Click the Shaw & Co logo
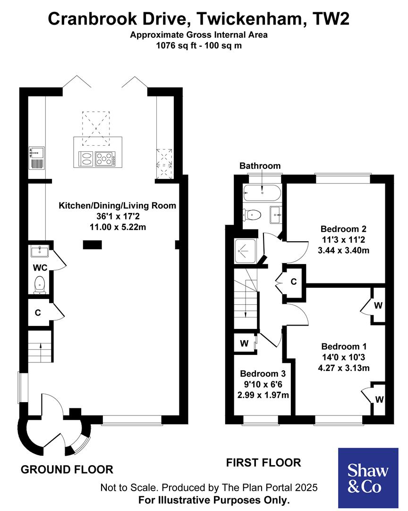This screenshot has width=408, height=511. [x=368, y=478]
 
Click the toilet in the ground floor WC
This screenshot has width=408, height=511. [x=40, y=284]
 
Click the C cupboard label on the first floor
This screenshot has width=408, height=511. [x=293, y=282]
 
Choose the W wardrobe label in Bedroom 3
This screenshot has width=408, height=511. [x=244, y=344]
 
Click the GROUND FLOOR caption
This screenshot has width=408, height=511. [x=67, y=469]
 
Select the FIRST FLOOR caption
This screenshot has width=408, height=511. [x=263, y=462]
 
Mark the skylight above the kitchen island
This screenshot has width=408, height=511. [x=96, y=128]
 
